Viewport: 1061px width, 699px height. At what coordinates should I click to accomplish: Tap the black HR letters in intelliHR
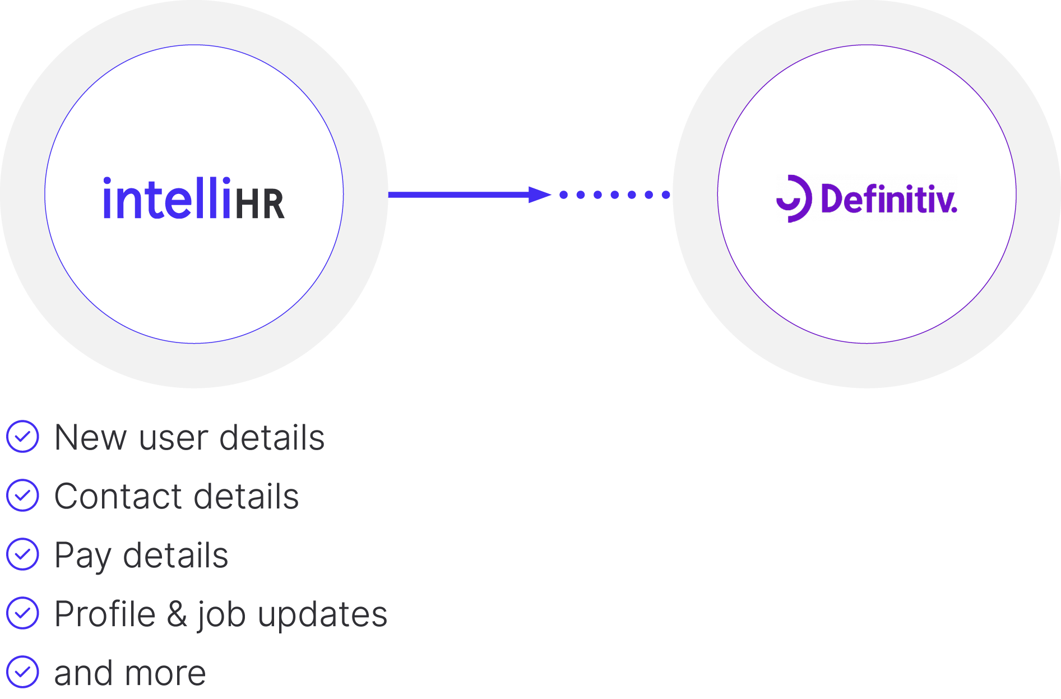(260, 205)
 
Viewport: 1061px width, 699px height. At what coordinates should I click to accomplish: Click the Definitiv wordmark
(888, 199)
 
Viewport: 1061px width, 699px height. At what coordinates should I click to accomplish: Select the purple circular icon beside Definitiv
(793, 198)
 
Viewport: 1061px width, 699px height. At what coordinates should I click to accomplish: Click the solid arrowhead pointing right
(539, 195)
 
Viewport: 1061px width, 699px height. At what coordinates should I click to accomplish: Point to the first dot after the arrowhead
(564, 195)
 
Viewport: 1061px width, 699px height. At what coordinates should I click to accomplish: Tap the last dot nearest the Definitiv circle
(666, 195)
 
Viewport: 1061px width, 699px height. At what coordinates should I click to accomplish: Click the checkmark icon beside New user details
(23, 437)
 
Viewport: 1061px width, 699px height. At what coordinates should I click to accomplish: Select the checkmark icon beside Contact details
(23, 496)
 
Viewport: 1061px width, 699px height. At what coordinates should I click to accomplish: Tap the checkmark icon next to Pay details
(23, 554)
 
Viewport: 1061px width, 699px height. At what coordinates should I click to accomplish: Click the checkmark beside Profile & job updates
(23, 613)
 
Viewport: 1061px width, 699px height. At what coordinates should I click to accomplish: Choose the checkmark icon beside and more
(23, 672)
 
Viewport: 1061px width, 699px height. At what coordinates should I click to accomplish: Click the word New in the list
(90, 438)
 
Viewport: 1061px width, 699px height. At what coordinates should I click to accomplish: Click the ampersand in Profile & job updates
(177, 614)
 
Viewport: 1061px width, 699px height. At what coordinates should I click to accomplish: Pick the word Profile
(105, 614)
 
